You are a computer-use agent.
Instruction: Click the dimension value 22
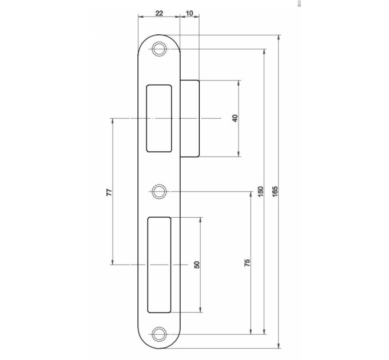click(159, 13)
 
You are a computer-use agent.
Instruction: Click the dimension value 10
click(189, 13)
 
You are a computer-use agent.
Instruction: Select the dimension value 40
click(235, 118)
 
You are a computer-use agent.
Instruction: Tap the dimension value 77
click(109, 192)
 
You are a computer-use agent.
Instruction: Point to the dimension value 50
click(197, 265)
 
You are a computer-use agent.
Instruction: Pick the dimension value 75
click(247, 263)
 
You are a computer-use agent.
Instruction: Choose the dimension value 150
click(260, 191)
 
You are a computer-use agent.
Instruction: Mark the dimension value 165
click(275, 191)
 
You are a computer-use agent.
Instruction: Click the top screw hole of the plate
click(159, 49)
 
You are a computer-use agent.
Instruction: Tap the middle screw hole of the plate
click(159, 191)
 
